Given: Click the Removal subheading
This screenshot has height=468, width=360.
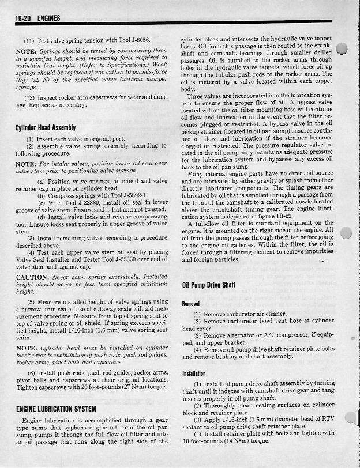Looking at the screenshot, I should (191, 303).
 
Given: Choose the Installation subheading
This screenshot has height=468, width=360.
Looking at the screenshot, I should (194, 373).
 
